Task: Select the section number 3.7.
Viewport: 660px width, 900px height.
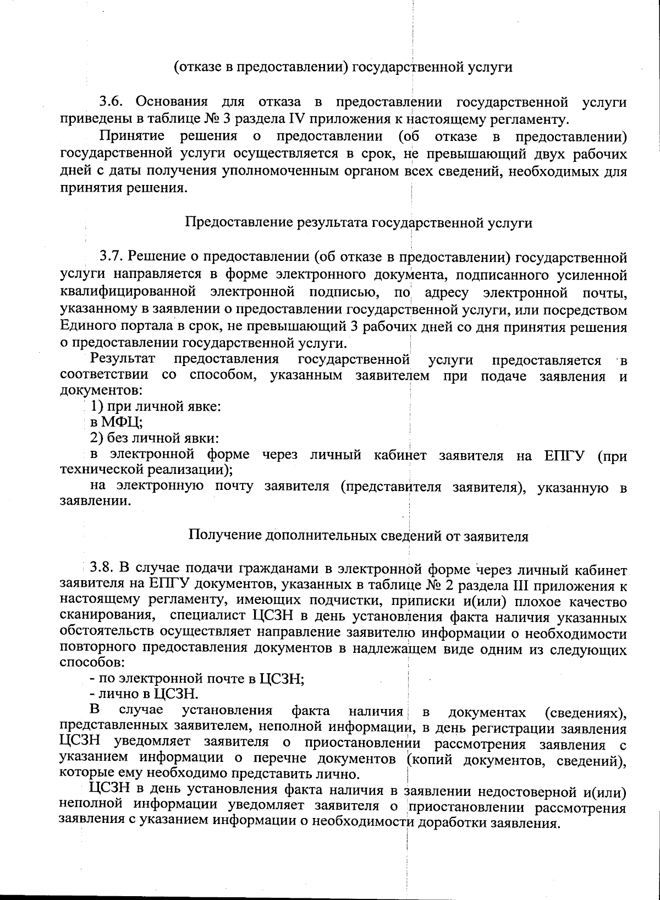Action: coord(113,257)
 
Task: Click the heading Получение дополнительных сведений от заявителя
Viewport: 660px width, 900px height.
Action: coord(359,536)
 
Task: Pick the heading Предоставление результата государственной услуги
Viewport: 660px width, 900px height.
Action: coord(359,222)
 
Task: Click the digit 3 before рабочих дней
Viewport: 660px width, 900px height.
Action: coord(355,328)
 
